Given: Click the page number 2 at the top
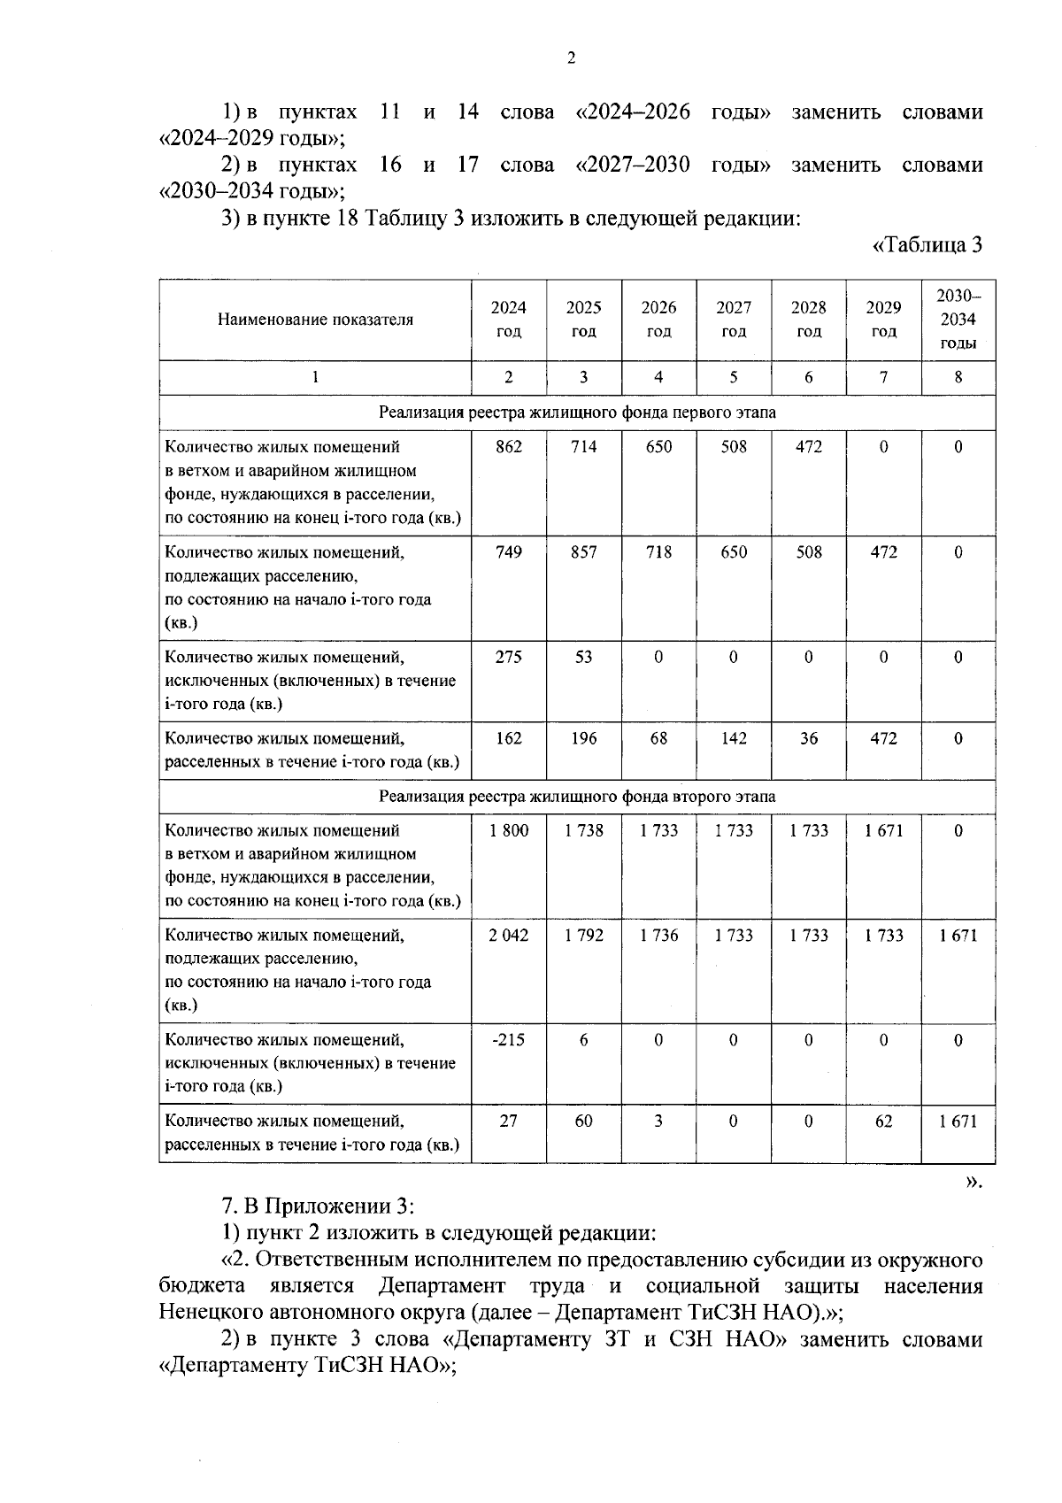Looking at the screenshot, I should tap(570, 58).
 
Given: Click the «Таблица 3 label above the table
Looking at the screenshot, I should tap(927, 245).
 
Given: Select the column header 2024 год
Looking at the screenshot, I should tap(508, 320).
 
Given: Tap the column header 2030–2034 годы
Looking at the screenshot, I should tap(958, 320).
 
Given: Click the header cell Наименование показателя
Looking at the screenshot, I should tap(315, 320).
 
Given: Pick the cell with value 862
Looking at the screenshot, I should tap(508, 447).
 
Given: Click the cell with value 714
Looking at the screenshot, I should tap(583, 447).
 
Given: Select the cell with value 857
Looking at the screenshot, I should tap(583, 552).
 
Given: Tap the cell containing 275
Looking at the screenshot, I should tap(508, 657).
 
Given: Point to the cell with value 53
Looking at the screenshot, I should tap(583, 657).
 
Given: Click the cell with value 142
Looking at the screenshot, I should tap(734, 738).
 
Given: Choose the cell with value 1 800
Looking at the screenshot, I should tap(508, 830).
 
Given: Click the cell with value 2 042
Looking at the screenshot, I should tap(508, 935).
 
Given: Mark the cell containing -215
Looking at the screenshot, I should tap(508, 1040).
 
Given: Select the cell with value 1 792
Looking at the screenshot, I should tap(583, 935).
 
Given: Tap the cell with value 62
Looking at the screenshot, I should tap(883, 1121).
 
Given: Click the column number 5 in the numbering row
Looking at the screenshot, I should tap(734, 377).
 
